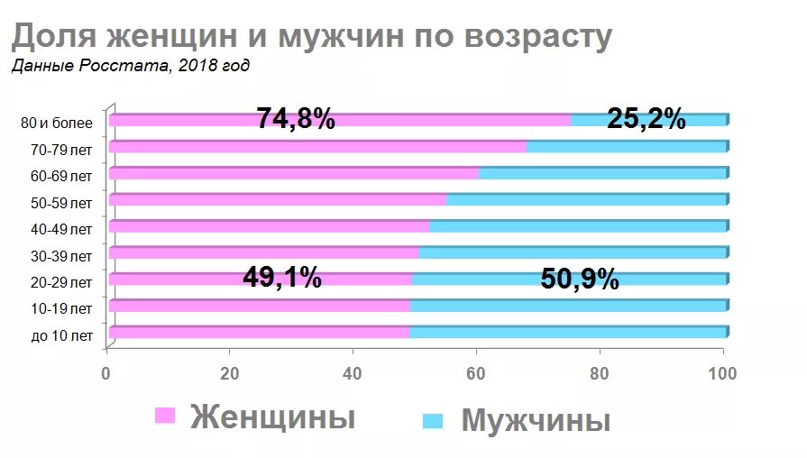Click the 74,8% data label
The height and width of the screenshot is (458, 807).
coord(296,119)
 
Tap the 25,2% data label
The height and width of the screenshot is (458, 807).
coord(646,119)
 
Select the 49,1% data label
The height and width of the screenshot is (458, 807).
coord(281,278)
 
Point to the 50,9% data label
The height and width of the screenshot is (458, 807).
coord(580,279)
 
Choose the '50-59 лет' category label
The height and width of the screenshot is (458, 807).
coord(62,203)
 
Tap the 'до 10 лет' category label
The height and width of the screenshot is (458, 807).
coord(62,336)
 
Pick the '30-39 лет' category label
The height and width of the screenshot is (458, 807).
coord(62,256)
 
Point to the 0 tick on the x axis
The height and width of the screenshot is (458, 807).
coord(107,372)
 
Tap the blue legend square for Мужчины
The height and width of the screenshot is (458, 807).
coord(434,420)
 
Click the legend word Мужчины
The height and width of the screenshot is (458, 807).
coord(536,421)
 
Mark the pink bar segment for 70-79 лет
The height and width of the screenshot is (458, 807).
coord(316,147)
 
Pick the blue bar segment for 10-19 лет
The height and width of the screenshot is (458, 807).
coord(568,307)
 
